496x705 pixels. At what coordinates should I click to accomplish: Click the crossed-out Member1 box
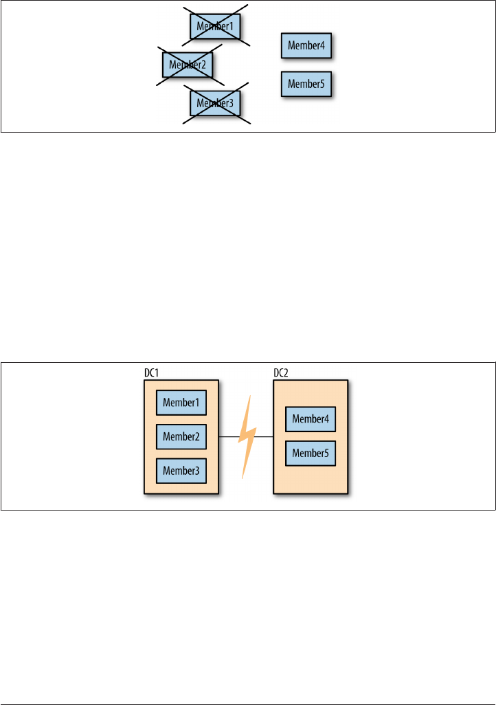[216, 26]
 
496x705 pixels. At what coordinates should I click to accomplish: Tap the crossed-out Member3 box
[216, 104]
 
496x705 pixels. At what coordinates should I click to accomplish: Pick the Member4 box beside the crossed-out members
[306, 46]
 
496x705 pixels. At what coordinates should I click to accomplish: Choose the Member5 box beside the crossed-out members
[306, 84]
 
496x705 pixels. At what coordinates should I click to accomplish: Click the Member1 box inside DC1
[181, 403]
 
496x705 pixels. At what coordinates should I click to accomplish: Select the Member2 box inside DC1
[181, 436]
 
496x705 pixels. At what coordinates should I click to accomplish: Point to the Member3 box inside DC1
[181, 471]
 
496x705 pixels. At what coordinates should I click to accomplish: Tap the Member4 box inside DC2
[311, 419]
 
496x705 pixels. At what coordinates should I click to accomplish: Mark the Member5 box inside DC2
[311, 454]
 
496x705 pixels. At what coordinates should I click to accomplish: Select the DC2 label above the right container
[281, 373]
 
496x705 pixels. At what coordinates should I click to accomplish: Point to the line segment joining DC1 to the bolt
[228, 436]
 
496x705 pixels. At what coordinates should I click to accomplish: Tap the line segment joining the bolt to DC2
[264, 436]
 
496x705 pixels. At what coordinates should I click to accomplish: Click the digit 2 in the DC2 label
[286, 373]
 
